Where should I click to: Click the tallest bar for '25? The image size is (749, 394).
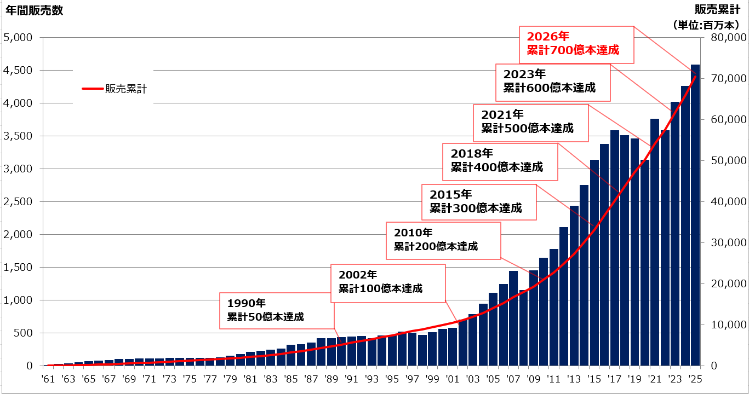695,219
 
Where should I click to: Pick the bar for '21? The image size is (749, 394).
654,246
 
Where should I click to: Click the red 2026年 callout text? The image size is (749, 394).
548,37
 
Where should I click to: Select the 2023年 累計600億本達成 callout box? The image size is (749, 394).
553,82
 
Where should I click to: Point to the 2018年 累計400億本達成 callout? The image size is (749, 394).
500,161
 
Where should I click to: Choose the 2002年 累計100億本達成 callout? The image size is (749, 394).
387,282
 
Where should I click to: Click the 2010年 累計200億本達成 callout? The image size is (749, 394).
444,240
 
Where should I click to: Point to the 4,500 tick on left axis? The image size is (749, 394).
18,71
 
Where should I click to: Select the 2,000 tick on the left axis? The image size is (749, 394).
18,235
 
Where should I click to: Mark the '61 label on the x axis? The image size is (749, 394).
48,379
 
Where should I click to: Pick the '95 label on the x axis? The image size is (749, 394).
392,379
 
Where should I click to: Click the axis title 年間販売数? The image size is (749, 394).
34,11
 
